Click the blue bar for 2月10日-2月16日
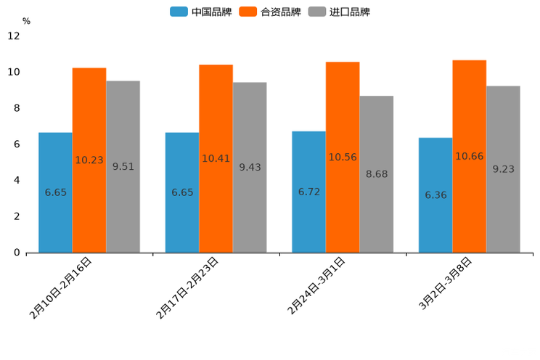pyautogui.click(x=55, y=192)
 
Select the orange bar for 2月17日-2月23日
pyautogui.click(x=216, y=158)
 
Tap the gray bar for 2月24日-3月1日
pyautogui.click(x=376, y=174)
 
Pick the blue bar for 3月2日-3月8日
pyautogui.click(x=435, y=195)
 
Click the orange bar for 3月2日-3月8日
pyautogui.click(x=469, y=156)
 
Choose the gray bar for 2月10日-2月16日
pyautogui.click(x=123, y=166)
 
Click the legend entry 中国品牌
pyautogui.click(x=201, y=12)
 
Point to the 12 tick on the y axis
pyautogui.click(x=14, y=36)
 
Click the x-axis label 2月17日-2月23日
pyautogui.click(x=187, y=288)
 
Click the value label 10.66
pyautogui.click(x=469, y=156)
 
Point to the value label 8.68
pyautogui.click(x=376, y=174)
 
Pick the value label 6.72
pyautogui.click(x=308, y=192)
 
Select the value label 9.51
pyautogui.click(x=123, y=166)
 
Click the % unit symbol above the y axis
pyautogui.click(x=26, y=21)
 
